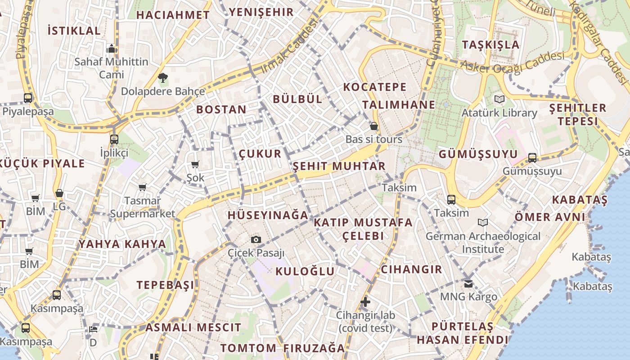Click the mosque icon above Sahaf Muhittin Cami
coord(112,48)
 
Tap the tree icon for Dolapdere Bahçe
coord(162,78)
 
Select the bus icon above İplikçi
coord(114,139)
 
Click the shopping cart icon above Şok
coord(195,165)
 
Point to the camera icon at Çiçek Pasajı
coord(256,239)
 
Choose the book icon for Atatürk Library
coord(499,99)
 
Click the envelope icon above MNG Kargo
coord(468,283)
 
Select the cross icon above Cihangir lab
coord(365,301)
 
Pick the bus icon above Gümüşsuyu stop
coord(532,157)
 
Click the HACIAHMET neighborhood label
coord(173,15)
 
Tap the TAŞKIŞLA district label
coord(491,45)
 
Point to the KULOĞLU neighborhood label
coord(305,271)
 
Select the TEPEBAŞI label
coord(166,285)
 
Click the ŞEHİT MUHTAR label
coord(339,166)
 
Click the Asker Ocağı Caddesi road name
coord(513,63)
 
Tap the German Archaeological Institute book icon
coord(483,222)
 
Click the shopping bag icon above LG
coord(59,193)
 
